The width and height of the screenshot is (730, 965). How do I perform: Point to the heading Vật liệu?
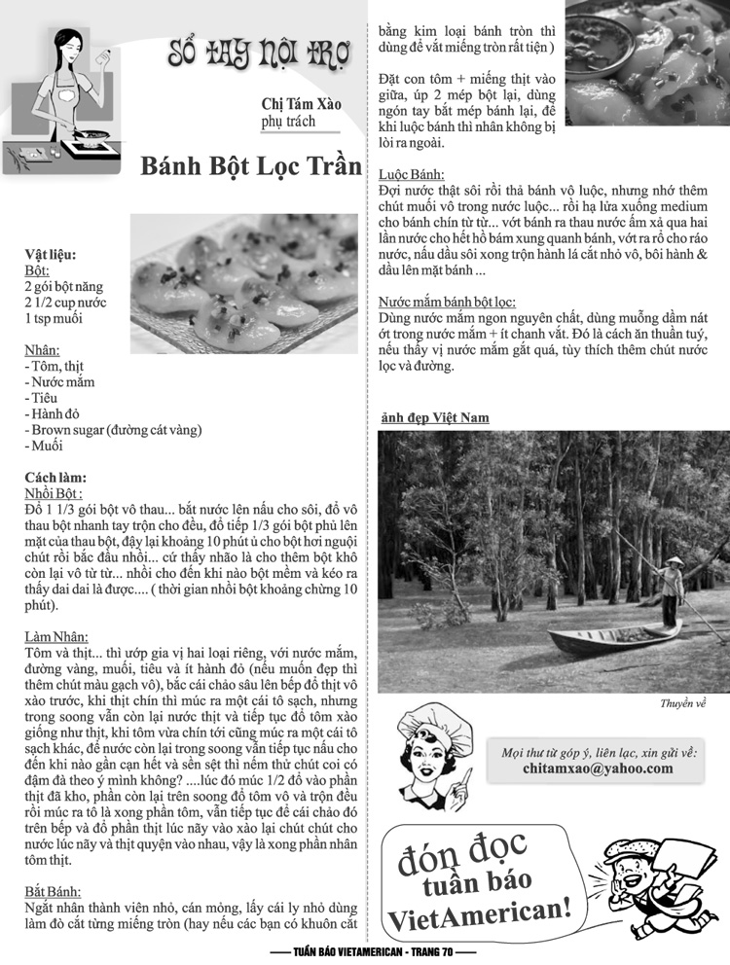click(51, 255)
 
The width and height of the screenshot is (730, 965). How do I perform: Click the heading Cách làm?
click(55, 478)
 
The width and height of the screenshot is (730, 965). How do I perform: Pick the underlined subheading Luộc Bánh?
click(406, 174)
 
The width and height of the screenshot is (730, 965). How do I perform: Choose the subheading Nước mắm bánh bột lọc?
click(447, 303)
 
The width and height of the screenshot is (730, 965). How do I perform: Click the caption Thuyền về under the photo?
click(682, 703)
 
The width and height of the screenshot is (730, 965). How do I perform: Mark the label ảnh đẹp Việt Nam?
click(433, 418)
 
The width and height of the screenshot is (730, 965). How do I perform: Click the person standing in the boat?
click(670, 590)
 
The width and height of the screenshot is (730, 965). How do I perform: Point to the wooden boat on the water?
click(613, 638)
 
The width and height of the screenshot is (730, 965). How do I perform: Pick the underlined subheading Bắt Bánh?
click(53, 891)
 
